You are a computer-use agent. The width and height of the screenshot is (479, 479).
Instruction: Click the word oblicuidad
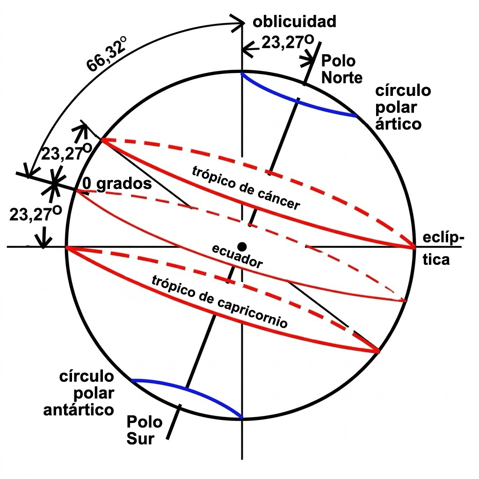point(294,22)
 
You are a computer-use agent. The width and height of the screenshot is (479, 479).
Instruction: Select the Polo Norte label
point(341,69)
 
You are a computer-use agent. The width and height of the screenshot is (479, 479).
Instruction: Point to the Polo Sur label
point(144,430)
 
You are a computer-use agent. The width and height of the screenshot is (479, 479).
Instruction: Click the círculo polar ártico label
point(403,107)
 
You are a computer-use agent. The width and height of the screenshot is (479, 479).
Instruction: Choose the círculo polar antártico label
point(79,393)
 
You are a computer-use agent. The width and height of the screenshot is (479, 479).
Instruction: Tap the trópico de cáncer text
point(246,188)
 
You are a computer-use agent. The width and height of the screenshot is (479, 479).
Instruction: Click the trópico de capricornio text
point(219,301)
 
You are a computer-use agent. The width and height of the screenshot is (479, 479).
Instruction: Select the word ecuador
point(237,256)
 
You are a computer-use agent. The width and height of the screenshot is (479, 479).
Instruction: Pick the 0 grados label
point(117,183)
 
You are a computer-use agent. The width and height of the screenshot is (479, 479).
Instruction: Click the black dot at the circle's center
point(242,246)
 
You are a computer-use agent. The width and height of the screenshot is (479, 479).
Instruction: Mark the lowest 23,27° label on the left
point(36,213)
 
